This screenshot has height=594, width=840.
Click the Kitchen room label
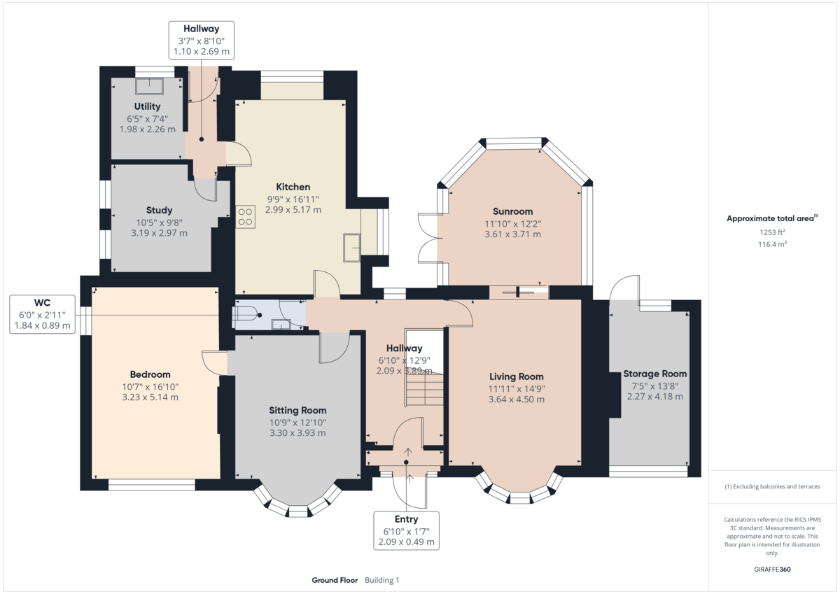(293, 187)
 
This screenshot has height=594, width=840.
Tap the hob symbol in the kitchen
(245, 216)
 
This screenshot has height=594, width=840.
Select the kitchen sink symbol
(351, 247)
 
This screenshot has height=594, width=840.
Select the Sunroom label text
(512, 211)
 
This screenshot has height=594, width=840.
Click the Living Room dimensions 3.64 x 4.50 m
(516, 399)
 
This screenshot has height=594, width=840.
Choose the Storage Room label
(654, 374)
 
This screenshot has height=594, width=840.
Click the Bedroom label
(150, 374)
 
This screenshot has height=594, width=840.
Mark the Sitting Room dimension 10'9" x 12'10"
(297, 422)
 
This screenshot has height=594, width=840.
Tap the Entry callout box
(406, 530)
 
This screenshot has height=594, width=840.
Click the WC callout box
(42, 314)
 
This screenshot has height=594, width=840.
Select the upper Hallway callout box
(202, 40)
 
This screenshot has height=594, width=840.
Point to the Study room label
(159, 210)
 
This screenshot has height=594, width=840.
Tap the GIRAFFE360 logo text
(772, 570)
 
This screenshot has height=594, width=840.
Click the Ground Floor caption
(335, 580)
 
